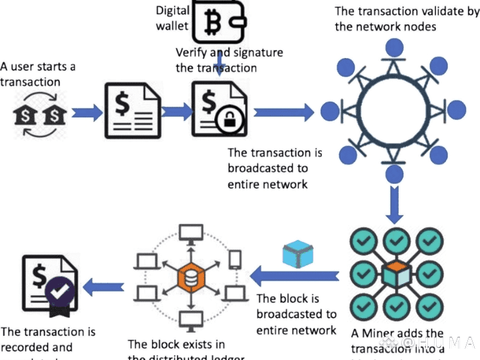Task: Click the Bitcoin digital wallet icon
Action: [x=215, y=22]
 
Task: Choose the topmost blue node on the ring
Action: [x=395, y=47]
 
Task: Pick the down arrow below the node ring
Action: [x=395, y=205]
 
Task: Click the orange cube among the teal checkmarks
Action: [x=396, y=275]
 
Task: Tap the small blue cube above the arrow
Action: [x=298, y=254]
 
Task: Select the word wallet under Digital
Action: [x=173, y=25]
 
